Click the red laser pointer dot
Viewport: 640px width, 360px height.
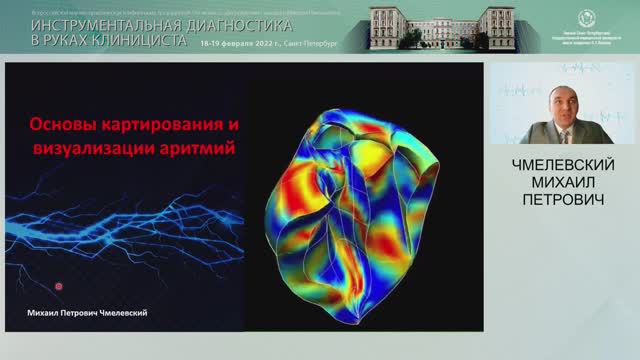59,286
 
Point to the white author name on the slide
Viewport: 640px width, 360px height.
88,313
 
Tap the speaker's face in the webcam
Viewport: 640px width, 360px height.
563,111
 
